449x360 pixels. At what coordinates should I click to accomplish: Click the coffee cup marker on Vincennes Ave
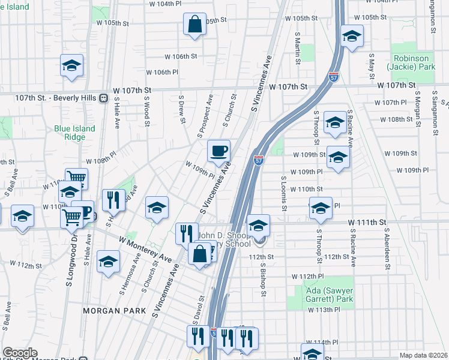218,151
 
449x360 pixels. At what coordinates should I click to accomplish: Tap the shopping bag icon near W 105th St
194,25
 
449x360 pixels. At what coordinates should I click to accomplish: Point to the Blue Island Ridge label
74,133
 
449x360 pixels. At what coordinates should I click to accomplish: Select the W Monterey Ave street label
145,249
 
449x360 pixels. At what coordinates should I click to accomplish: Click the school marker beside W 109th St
339,158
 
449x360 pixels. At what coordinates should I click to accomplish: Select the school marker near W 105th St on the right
352,35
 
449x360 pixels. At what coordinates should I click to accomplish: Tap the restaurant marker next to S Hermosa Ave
113,199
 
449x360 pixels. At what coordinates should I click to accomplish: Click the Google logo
20,353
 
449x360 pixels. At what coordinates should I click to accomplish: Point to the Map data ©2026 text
423,355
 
